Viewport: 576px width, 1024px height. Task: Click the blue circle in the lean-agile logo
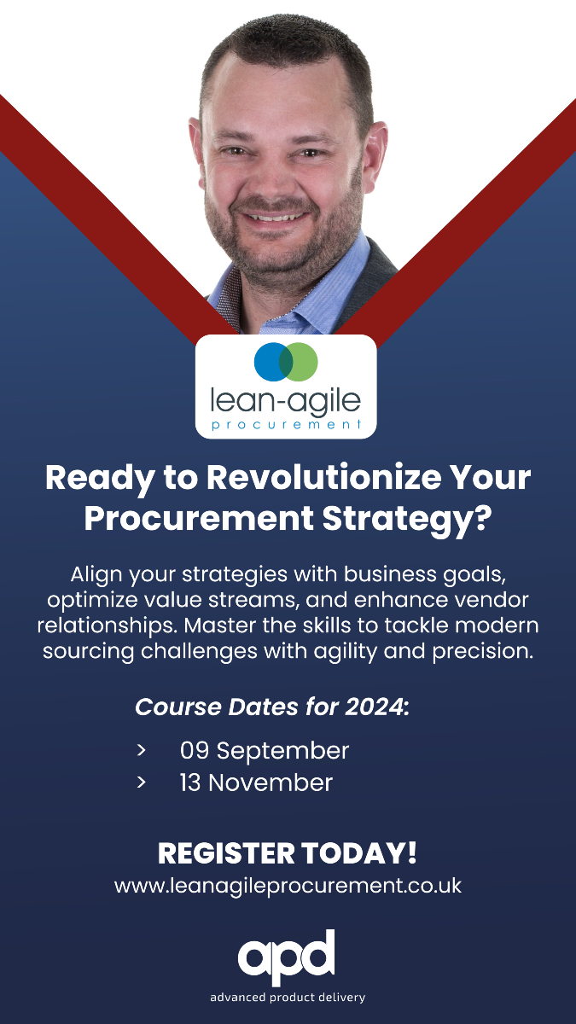271,363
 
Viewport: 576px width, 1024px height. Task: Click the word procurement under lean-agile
286,424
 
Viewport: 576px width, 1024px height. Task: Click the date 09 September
265,751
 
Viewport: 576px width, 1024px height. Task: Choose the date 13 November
256,783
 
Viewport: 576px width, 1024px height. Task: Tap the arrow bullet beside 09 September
141,751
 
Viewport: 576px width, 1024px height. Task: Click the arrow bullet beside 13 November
141,783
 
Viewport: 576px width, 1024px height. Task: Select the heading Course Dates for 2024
272,707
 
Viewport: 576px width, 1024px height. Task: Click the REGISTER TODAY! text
288,853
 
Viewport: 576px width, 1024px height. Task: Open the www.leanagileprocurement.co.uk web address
288,886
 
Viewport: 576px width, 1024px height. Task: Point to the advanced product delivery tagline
288,998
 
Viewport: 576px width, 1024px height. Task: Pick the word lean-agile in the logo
286,399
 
